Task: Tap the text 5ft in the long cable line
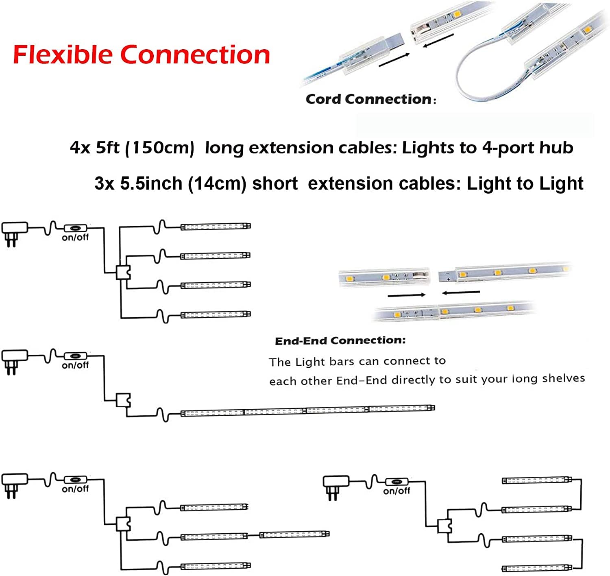click(x=108, y=148)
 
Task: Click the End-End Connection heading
click(x=340, y=340)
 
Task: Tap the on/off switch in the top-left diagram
click(x=76, y=228)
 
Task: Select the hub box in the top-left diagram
click(x=123, y=272)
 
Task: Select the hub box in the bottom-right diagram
click(x=444, y=526)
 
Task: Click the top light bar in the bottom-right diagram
click(x=537, y=481)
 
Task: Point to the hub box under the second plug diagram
click(x=123, y=400)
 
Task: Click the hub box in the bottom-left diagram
click(x=123, y=523)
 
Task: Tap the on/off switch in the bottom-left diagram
click(x=76, y=480)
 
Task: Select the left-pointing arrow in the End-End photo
click(x=461, y=292)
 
